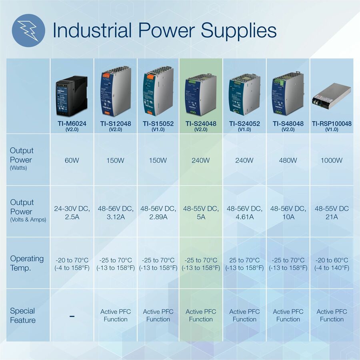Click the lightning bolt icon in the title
pyautogui.click(x=28, y=30)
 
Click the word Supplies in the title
pyautogui.click(x=238, y=31)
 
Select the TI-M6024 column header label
pyautogui.click(x=72, y=126)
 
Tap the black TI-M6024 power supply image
pyautogui.click(x=72, y=96)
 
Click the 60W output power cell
pyautogui.click(x=72, y=160)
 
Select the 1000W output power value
pyautogui.click(x=332, y=160)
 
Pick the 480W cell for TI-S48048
pyautogui.click(x=288, y=160)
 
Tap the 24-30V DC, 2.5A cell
pyautogui.click(x=72, y=213)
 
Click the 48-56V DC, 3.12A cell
pyautogui.click(x=116, y=213)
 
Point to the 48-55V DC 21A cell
pyautogui.click(x=332, y=213)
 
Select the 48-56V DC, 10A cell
pyautogui.click(x=288, y=213)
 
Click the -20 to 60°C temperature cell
pyautogui.click(x=332, y=264)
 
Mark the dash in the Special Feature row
pyautogui.click(x=72, y=316)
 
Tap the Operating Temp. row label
pyautogui.click(x=27, y=263)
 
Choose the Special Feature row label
pyautogui.click(x=23, y=316)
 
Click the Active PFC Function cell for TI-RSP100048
pyautogui.click(x=332, y=315)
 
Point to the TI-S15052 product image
pyautogui.click(x=158, y=91)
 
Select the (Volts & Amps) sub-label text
pyautogui.click(x=28, y=220)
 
